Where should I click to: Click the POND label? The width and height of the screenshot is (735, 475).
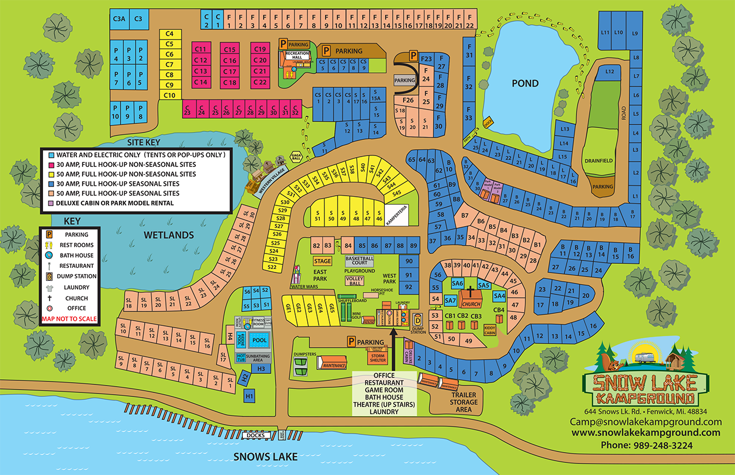pos(525,83)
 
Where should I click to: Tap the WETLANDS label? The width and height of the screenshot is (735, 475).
pos(168,235)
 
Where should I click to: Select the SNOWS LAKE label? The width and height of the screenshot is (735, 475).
pos(265,457)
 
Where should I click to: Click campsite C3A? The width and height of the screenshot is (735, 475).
pos(119,18)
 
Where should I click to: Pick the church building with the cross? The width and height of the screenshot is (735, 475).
pos(470,298)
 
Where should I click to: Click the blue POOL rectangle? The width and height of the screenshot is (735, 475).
pos(260,340)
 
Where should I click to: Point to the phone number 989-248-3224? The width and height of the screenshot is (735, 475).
pos(647,445)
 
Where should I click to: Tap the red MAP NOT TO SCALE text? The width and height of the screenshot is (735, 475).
pos(69,319)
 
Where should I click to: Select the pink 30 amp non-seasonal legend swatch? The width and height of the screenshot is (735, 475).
pos(51,165)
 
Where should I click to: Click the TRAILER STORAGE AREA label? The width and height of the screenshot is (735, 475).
pos(463,402)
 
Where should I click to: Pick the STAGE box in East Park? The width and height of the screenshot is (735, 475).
pos(322,261)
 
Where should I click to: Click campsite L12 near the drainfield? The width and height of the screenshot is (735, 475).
pos(610,72)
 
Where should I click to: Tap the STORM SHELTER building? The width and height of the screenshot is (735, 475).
pos(377,357)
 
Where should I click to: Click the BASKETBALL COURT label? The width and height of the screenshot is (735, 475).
pos(359,260)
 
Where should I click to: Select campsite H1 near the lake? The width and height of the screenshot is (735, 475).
pos(249,395)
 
